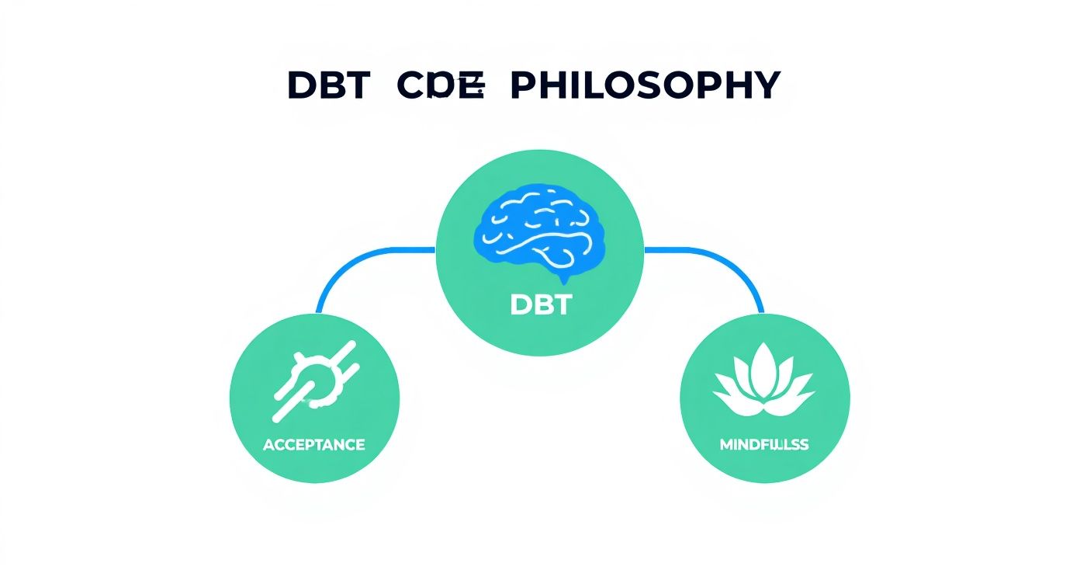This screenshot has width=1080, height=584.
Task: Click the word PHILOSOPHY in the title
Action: [x=644, y=85]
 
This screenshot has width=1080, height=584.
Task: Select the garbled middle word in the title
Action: [x=441, y=85]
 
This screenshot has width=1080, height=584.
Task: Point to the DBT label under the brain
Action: [x=540, y=305]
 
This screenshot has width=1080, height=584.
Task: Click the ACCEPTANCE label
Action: [x=314, y=445]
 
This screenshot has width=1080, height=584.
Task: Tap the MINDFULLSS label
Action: [x=764, y=445]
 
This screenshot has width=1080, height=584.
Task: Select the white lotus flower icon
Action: [x=764, y=381]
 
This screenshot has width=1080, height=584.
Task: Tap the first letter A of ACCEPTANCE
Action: [x=268, y=445]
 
